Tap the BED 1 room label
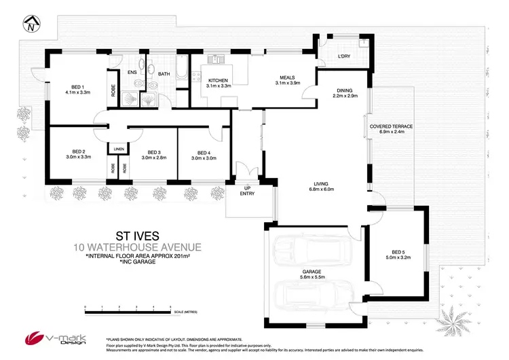pos(77,90)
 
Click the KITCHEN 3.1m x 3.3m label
pos(219,84)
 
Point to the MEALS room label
pos(282,80)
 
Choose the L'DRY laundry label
pos(345,56)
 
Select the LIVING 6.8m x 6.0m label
pos(321,185)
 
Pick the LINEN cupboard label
pos(118,148)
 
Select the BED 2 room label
pos(78,155)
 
